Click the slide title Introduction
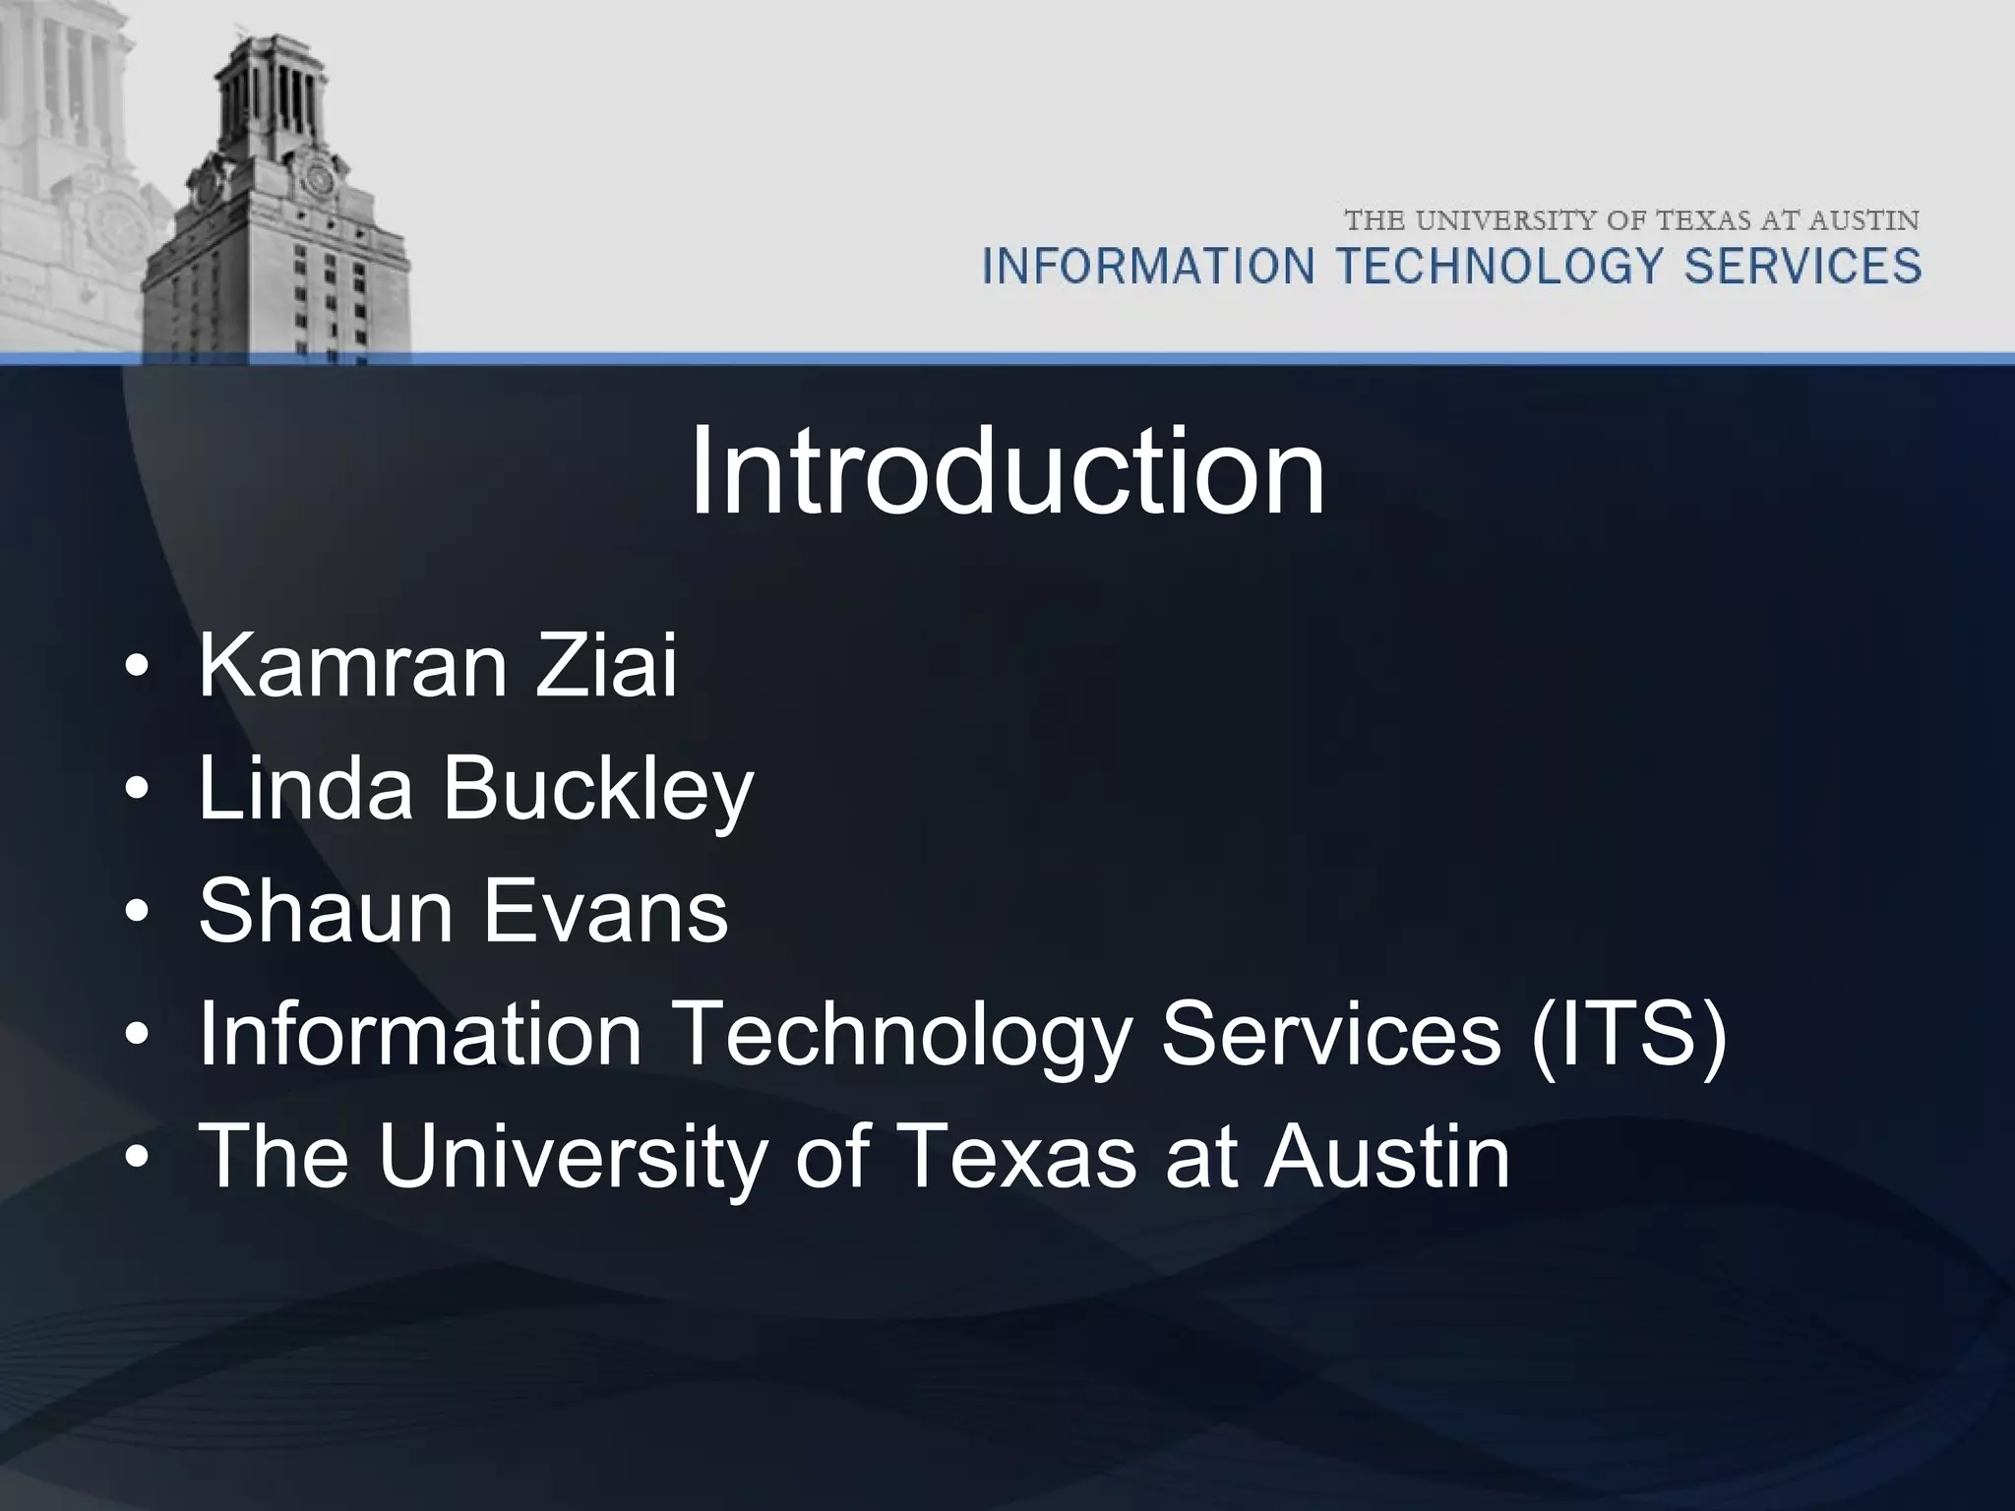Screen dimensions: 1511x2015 click(x=1007, y=471)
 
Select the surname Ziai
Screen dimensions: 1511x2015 click(x=606, y=667)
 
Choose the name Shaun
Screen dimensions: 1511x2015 click(x=326, y=911)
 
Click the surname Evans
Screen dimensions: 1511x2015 click(x=605, y=911)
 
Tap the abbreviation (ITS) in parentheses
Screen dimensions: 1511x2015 click(x=1628, y=1035)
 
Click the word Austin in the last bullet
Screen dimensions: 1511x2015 click(x=1387, y=1157)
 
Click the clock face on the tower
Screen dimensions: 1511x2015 click(x=317, y=180)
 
